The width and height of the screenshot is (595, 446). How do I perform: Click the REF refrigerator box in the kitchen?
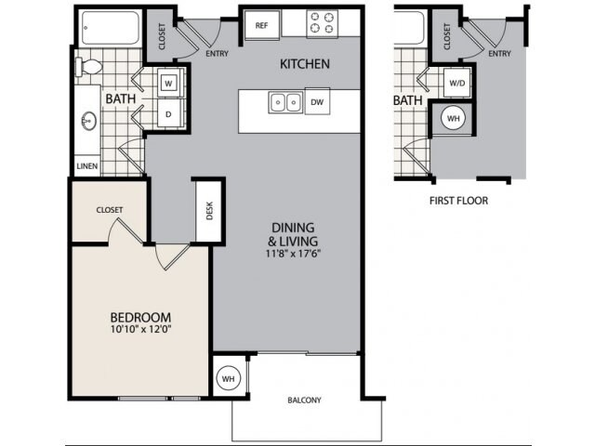click(261, 25)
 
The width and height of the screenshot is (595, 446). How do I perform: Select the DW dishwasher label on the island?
click(317, 101)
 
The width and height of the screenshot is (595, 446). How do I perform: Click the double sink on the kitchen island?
click(284, 100)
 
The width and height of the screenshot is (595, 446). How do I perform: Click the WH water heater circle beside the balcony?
click(228, 378)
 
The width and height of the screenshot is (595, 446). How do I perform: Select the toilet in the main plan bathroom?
click(91, 67)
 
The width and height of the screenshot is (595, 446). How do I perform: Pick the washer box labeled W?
click(168, 83)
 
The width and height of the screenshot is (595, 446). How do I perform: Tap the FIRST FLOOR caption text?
click(458, 200)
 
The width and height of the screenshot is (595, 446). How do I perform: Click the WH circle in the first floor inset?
click(453, 119)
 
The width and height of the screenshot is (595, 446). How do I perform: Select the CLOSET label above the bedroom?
click(110, 210)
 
